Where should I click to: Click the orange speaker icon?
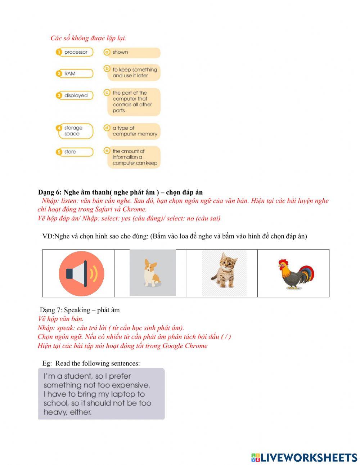click(x=81, y=274)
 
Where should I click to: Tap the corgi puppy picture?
click(x=152, y=273)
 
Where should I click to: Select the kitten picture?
click(x=224, y=273)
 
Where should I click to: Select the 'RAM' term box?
click(x=75, y=73)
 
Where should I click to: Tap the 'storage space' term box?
click(x=75, y=131)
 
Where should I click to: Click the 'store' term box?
click(x=75, y=152)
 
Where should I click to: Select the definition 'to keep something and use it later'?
click(x=133, y=73)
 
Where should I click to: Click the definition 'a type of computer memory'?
click(x=133, y=131)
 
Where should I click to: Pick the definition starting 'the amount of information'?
click(x=133, y=157)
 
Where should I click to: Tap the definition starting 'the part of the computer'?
click(x=133, y=102)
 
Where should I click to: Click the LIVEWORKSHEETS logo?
click(x=304, y=457)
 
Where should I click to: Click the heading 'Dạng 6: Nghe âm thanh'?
click(x=120, y=192)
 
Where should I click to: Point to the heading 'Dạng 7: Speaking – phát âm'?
click(x=80, y=310)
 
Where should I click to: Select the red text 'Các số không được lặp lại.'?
click(x=88, y=38)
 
